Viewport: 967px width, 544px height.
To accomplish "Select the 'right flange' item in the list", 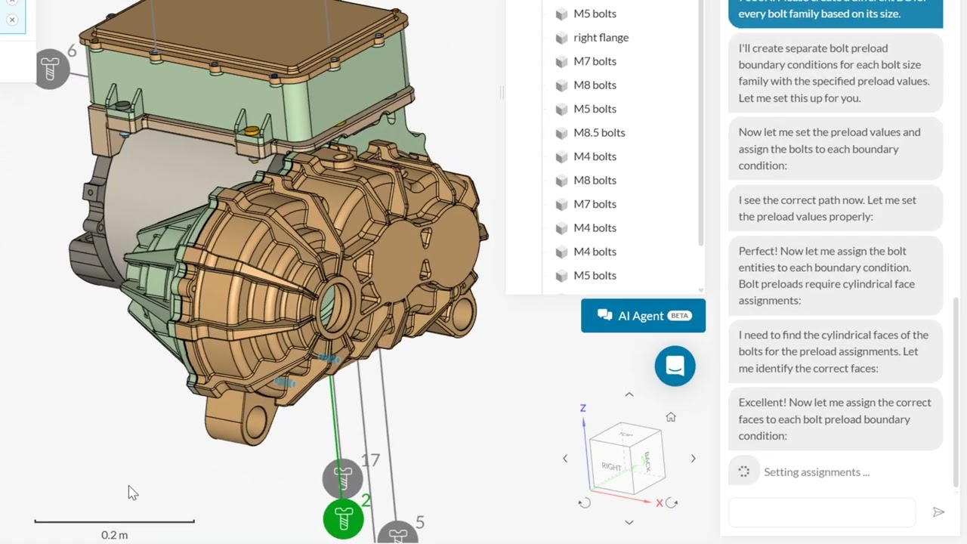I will point(601,38).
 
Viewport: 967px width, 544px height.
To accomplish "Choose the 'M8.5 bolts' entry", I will point(599,133).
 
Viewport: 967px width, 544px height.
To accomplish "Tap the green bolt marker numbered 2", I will point(344,519).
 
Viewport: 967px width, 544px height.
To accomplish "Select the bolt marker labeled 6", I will point(51,70).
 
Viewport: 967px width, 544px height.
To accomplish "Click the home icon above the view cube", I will point(671,417).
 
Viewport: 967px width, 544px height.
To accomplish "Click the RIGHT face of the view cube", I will point(611,466).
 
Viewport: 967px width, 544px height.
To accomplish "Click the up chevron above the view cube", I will point(629,394).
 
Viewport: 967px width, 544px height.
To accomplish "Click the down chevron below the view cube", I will point(629,522).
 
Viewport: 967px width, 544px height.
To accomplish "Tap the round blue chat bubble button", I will point(675,366).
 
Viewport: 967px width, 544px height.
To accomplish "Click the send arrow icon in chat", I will point(938,512).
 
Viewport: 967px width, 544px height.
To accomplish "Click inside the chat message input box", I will point(822,512).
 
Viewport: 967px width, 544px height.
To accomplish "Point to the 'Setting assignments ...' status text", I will point(816,472).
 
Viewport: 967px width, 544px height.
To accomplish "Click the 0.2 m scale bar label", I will point(114,535).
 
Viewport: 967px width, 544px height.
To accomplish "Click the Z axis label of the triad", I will point(582,408).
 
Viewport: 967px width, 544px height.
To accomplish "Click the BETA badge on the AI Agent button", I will point(680,316).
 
